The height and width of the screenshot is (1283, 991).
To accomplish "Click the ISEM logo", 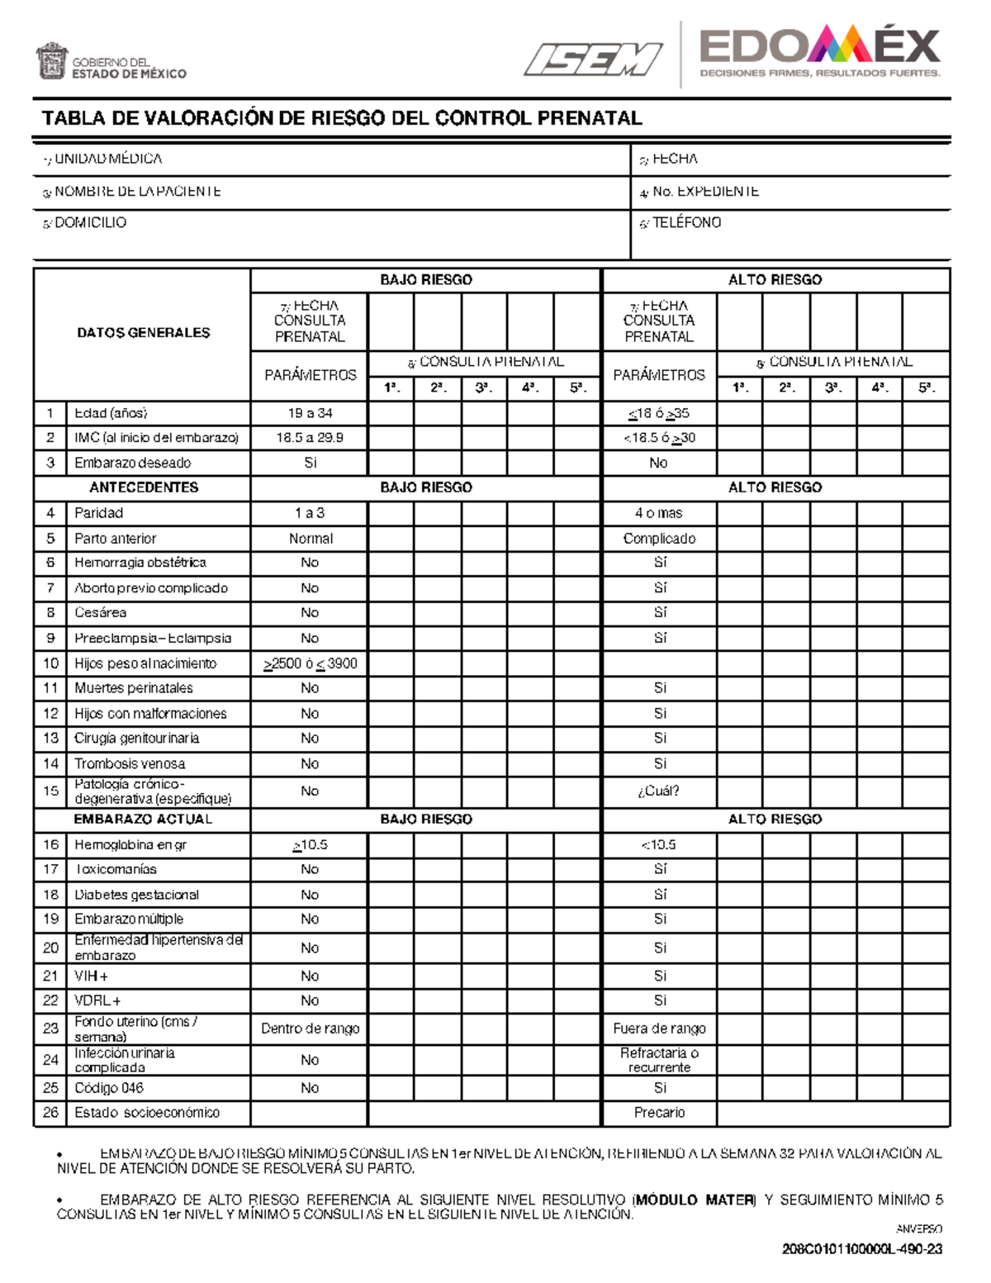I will coord(592,59).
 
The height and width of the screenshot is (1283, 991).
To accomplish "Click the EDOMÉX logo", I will coord(819,53).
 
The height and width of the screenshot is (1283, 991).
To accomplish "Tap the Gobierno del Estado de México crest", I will coord(50,62).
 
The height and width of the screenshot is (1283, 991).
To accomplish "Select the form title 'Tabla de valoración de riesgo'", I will coord(342,118).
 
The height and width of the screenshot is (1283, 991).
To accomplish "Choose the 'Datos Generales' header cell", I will coord(143,333).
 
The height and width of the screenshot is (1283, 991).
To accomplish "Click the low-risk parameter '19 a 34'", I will coord(310,413).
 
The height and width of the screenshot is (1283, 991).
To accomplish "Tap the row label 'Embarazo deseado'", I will coord(132,463).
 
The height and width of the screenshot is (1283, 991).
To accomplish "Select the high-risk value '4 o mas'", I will coord(659,513).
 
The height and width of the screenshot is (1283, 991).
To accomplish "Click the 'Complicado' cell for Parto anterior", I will coord(659,539).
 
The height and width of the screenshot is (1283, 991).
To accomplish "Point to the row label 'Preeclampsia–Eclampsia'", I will coord(153,639).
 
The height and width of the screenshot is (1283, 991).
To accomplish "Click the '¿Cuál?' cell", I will coord(659,791).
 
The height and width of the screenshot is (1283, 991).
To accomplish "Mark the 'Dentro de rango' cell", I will coord(310,1029).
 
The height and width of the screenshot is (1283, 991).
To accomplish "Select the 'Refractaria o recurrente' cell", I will coord(659,1060).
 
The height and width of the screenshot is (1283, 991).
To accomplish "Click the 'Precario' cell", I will coord(659,1113).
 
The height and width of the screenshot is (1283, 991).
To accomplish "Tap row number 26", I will coord(50,1113).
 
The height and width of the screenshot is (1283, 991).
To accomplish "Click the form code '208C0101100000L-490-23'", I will coord(862,1249).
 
